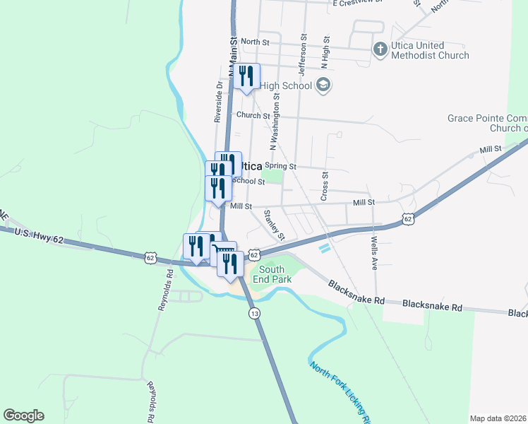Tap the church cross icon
point(380,49)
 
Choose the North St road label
point(255,42)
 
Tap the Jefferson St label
point(302,54)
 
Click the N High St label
point(325,52)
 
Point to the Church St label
point(253,115)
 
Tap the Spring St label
point(279,166)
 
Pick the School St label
point(248,181)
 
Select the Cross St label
point(325,185)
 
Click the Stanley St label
point(274,224)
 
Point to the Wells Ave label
point(373,251)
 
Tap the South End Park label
point(272,274)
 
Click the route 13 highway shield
point(253,312)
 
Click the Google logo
point(23,416)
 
